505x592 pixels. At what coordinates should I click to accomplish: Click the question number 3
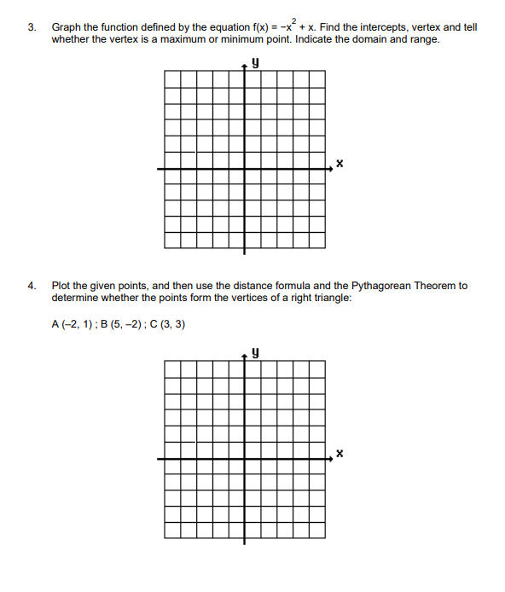pyautogui.click(x=31, y=28)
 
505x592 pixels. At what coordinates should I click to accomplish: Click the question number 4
pyautogui.click(x=31, y=286)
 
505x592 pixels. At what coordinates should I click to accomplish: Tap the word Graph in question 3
pyautogui.click(x=67, y=28)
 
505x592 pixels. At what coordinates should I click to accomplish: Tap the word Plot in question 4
pyautogui.click(x=61, y=286)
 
